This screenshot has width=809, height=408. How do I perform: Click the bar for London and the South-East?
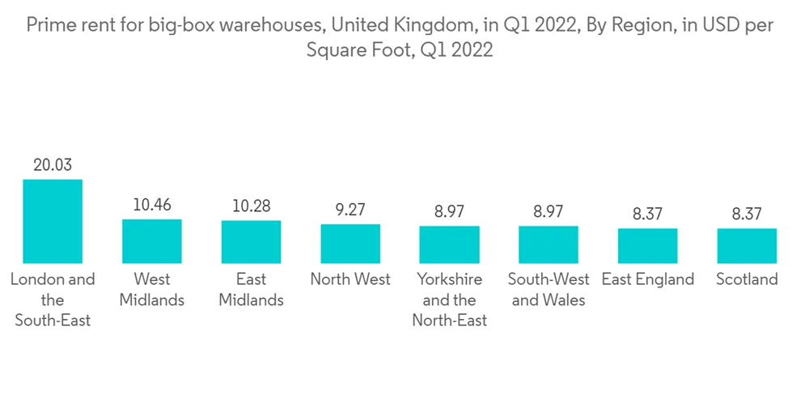click(53, 221)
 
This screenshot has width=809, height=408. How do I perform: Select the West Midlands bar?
click(152, 241)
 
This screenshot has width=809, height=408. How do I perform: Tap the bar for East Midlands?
click(251, 242)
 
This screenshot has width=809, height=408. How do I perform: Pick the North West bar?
click(350, 244)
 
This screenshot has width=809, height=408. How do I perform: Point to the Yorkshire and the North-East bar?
click(449, 244)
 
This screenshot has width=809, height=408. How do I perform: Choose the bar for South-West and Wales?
click(549, 244)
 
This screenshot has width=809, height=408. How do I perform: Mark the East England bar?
click(647, 246)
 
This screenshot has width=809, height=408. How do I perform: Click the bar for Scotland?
click(747, 246)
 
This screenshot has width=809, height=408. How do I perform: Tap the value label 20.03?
click(53, 165)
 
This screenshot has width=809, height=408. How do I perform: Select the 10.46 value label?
click(152, 205)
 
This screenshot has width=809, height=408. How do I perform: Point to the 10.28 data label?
click(251, 206)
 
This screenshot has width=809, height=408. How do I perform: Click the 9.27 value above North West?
click(350, 210)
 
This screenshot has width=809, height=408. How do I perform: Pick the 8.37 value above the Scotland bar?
click(747, 215)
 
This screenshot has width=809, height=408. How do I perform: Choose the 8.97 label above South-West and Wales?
click(549, 212)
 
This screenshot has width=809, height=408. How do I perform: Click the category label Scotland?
click(747, 280)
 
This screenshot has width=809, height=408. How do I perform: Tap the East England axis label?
click(647, 280)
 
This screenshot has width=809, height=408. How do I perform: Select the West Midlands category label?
click(152, 290)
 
